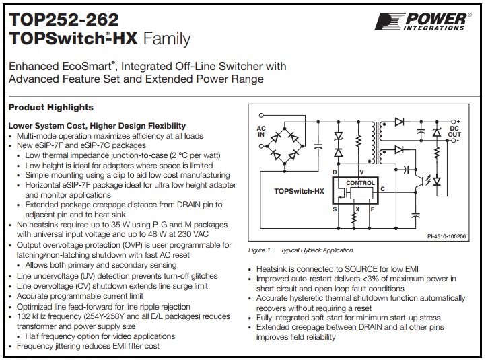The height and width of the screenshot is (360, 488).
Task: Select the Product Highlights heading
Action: pyautogui.click(x=50, y=108)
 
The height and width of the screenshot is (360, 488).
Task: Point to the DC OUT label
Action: pyautogui.click(x=455, y=131)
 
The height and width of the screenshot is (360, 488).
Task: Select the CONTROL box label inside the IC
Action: pyautogui.click(x=359, y=183)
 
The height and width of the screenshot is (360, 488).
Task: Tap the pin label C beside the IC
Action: pyautogui.click(x=382, y=189)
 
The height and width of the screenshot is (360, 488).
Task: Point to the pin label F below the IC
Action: pyautogui.click(x=372, y=209)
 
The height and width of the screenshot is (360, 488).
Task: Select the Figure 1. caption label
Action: pyautogui.click(x=259, y=250)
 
